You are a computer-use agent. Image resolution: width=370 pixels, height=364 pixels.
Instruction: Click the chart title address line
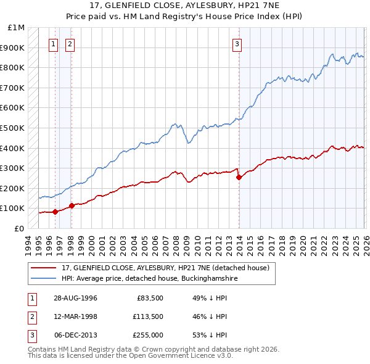185,7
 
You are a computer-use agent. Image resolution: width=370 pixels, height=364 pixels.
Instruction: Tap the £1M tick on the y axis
17,28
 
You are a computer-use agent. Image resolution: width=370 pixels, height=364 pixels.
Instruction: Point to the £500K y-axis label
14,128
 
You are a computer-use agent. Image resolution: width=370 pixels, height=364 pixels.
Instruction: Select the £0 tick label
18,228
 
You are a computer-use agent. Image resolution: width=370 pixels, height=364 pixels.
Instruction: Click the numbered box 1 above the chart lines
54,44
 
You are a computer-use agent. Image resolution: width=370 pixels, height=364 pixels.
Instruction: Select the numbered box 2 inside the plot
70,44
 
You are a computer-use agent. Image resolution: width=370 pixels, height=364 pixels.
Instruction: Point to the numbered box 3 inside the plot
237,44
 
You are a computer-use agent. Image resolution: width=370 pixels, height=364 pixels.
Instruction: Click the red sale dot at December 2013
239,177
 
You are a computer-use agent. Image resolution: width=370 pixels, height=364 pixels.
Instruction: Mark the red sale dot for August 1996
55,212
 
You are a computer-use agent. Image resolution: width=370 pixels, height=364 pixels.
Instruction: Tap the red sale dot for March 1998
72,205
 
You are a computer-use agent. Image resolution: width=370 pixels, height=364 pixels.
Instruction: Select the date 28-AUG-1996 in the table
75,298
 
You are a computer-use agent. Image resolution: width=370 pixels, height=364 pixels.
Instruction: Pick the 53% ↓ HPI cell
210,335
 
